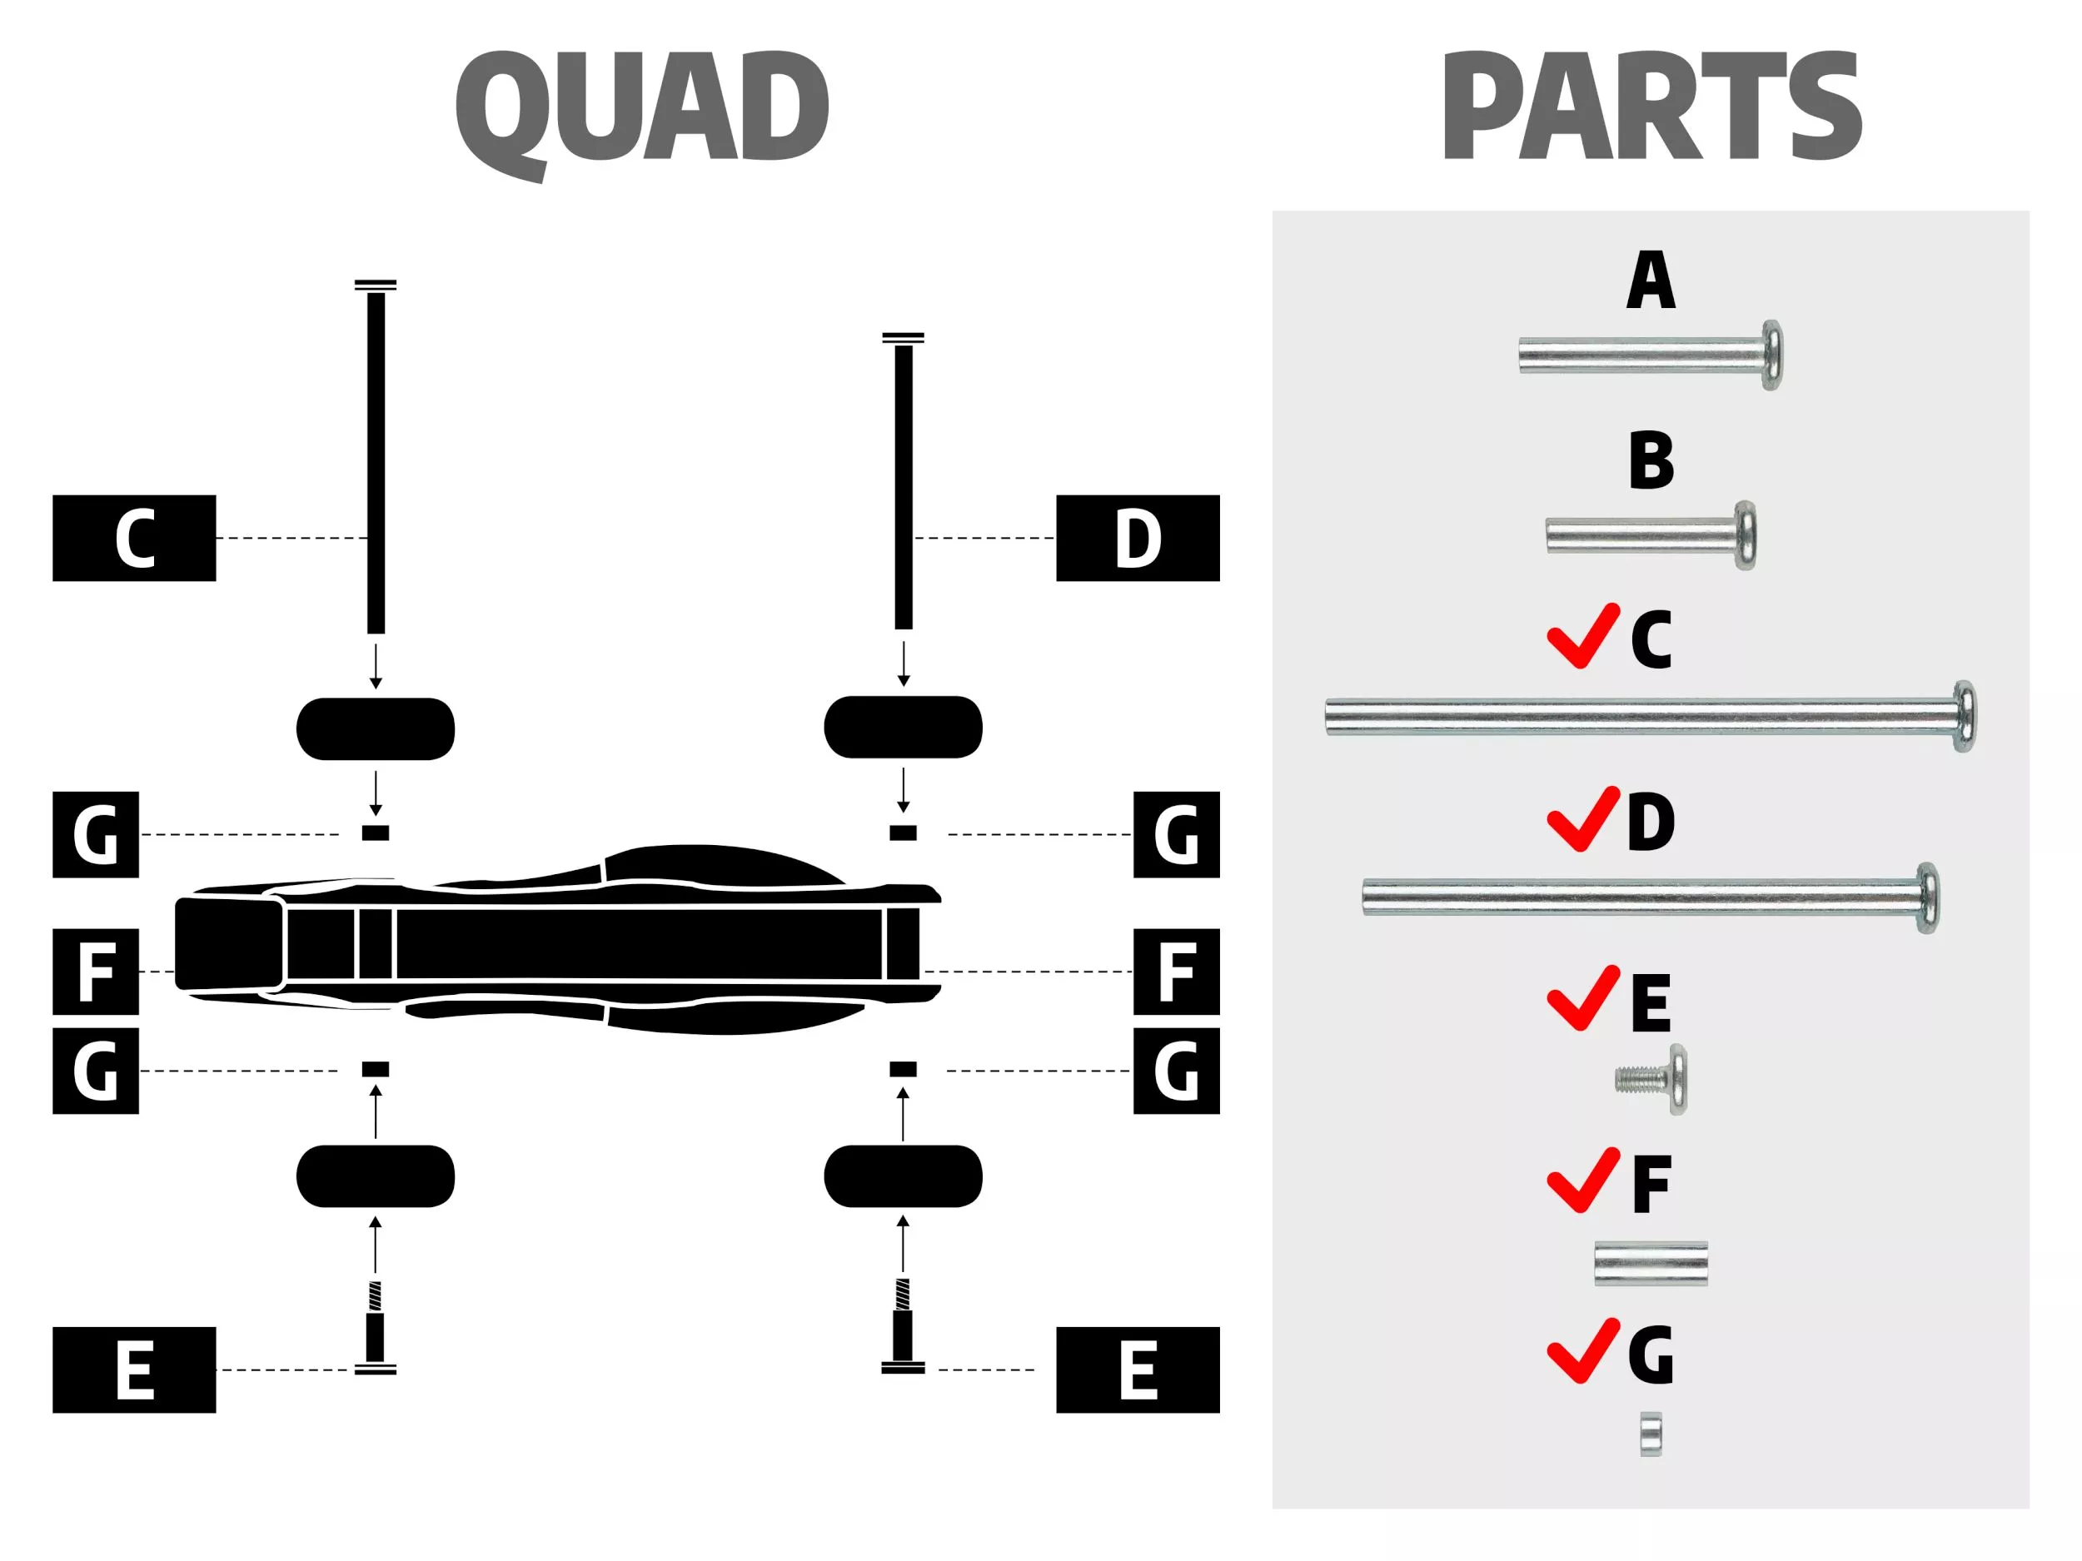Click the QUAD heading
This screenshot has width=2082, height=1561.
642,108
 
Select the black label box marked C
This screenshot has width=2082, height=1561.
133,538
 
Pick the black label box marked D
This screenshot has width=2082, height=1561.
1137,538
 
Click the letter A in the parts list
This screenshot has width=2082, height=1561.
1651,280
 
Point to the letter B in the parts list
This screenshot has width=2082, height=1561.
1651,460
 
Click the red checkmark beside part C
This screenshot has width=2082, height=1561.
1582,636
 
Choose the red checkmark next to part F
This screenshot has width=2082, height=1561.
1582,1180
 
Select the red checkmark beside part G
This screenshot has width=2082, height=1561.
1582,1351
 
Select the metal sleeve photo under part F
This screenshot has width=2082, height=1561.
1650,1263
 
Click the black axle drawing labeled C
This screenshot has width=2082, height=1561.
376,461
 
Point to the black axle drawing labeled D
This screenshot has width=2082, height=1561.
904,485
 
